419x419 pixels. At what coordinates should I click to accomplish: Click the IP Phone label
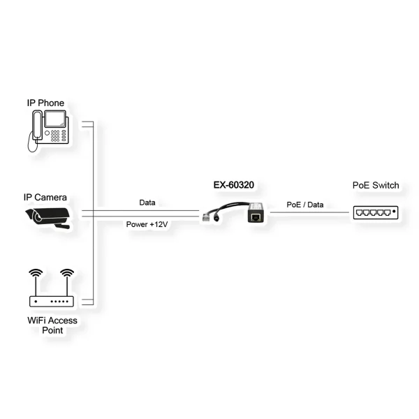point(45,103)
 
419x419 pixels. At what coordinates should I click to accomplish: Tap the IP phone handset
point(37,125)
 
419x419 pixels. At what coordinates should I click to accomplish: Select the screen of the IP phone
point(54,119)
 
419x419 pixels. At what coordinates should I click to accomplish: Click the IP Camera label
point(45,197)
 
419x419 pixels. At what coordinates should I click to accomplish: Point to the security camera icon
point(47,218)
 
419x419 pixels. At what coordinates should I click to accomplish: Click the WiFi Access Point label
point(52,325)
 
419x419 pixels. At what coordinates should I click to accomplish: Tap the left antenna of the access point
point(36,282)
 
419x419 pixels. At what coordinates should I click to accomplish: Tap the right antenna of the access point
point(67,282)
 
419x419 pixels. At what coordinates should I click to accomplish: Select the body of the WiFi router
point(51,302)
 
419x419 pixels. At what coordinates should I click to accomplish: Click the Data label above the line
point(147,203)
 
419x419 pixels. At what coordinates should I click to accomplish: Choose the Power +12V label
point(147,224)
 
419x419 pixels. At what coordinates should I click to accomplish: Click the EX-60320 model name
point(234,185)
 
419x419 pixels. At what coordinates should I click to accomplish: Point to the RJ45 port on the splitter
point(256,216)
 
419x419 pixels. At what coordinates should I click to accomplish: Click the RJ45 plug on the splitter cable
point(206,217)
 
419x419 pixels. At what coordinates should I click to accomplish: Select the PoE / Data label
point(305,205)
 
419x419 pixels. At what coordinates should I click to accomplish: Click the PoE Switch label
point(376,185)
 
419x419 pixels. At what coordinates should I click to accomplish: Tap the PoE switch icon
point(376,213)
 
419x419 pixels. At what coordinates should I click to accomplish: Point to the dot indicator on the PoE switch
point(394,212)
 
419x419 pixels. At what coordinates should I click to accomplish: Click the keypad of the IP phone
point(55,135)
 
